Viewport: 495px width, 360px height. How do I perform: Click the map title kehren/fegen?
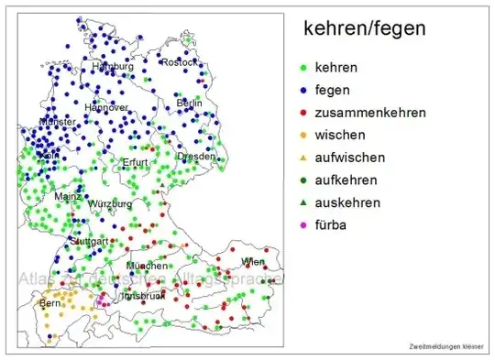(365, 29)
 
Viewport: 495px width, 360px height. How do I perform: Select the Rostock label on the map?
(179, 62)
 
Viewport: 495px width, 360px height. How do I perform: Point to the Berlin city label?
(189, 104)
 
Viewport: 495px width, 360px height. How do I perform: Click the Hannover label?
(106, 107)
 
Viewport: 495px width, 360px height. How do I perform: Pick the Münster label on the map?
(57, 122)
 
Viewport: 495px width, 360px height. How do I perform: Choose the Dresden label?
(196, 157)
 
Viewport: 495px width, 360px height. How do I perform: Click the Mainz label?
(67, 196)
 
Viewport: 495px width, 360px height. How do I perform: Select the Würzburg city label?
(109, 203)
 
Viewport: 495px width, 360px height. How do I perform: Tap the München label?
(147, 266)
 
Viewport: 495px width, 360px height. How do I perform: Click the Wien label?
(252, 262)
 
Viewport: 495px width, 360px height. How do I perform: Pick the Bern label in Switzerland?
(49, 302)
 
